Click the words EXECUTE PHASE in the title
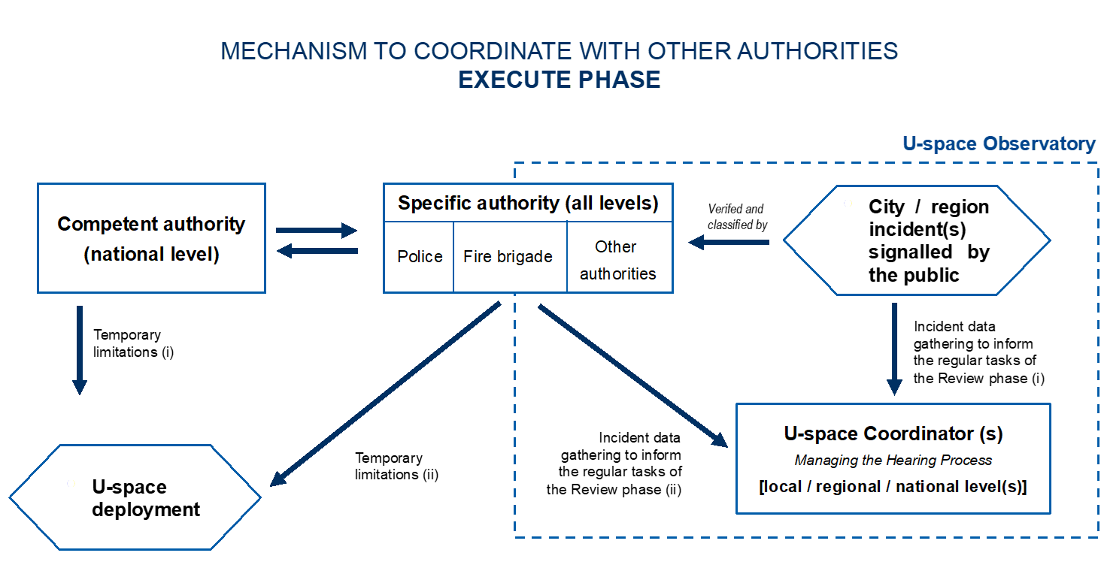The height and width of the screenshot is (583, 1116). click(559, 80)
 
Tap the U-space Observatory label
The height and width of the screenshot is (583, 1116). click(999, 144)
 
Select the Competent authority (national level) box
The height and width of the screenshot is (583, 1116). click(151, 238)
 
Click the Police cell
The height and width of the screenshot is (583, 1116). click(420, 257)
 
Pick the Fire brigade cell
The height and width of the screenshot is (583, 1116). click(508, 257)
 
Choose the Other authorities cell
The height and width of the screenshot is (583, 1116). click(617, 260)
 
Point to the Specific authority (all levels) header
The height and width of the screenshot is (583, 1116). click(528, 203)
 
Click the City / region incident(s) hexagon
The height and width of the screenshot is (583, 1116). click(917, 240)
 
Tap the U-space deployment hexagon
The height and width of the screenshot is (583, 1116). click(135, 498)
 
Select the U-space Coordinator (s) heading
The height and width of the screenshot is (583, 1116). click(893, 433)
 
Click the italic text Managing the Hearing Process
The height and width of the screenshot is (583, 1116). click(893, 461)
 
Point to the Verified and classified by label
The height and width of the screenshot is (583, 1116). click(737, 216)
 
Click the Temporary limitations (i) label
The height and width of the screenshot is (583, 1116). click(132, 343)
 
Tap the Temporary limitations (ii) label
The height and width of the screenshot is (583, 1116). click(396, 466)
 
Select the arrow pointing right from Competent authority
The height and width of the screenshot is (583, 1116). click(316, 231)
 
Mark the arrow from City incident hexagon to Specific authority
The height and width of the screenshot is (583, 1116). click(729, 242)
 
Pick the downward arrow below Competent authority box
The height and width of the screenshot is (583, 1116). click(79, 350)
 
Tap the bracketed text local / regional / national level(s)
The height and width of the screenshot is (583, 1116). click(893, 487)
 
